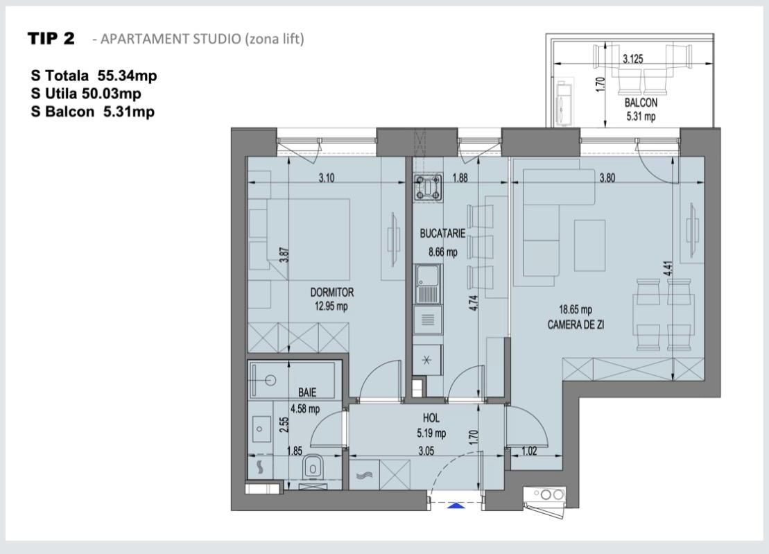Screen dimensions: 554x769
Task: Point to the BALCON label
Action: [640, 102]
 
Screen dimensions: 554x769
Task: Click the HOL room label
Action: [431, 419]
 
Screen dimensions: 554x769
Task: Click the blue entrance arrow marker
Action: [456, 505]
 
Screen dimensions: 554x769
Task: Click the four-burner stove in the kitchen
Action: [428, 189]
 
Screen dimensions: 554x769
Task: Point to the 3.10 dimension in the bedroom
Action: [327, 178]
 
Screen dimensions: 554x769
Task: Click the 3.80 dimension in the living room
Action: [607, 178]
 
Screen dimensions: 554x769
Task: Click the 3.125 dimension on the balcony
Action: [632, 60]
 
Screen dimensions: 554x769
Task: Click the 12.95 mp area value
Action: [329, 306]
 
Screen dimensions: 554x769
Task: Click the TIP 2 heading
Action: [51, 39]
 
